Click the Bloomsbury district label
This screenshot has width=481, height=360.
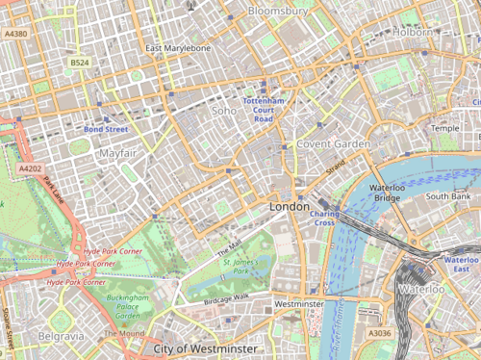pyautogui.click(x=277, y=11)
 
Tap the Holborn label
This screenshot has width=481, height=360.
pyautogui.click(x=413, y=32)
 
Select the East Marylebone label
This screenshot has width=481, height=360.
pyautogui.click(x=178, y=48)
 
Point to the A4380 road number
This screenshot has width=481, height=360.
pyautogui.click(x=15, y=34)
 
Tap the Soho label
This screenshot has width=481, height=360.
pyautogui.click(x=224, y=112)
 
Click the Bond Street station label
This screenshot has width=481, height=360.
pyautogui.click(x=105, y=129)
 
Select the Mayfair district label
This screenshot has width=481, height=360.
pyautogui.click(x=116, y=153)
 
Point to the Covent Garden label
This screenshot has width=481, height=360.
pyautogui.click(x=333, y=143)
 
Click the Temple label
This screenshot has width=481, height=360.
pyautogui.click(x=445, y=128)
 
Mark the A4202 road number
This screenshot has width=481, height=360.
pyautogui.click(x=32, y=168)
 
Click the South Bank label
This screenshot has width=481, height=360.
pyautogui.click(x=447, y=195)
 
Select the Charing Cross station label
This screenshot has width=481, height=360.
pyautogui.click(x=324, y=219)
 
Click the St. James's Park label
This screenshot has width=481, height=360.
pyautogui.click(x=237, y=266)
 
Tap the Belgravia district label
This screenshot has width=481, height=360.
pyautogui.click(x=61, y=336)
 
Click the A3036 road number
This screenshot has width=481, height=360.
pyautogui.click(x=379, y=333)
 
